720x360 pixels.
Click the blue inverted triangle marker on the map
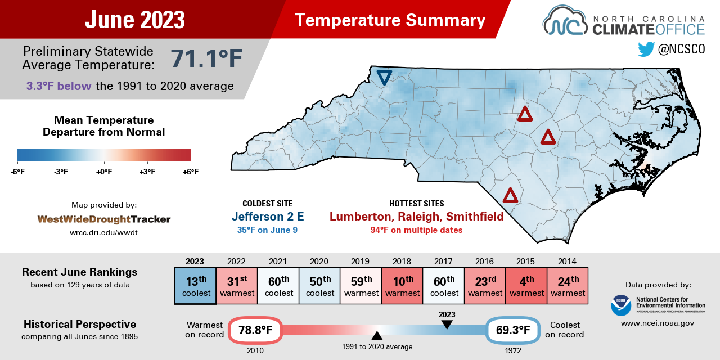384,77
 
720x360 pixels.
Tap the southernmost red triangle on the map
510,196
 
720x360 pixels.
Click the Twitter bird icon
646,49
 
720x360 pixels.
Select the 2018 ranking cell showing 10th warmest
402,286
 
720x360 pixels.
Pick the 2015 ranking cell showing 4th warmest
526,286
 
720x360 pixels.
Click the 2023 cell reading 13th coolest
195,286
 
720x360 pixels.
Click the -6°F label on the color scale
17,172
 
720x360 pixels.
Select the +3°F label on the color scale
147,172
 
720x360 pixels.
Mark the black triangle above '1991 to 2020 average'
377,335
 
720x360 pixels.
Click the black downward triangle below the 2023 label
447,325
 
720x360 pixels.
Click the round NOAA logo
621,305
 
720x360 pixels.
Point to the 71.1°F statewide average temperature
206,58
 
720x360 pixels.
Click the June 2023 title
135,20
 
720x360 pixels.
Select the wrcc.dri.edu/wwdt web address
104,232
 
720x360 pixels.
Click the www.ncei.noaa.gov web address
658,323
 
